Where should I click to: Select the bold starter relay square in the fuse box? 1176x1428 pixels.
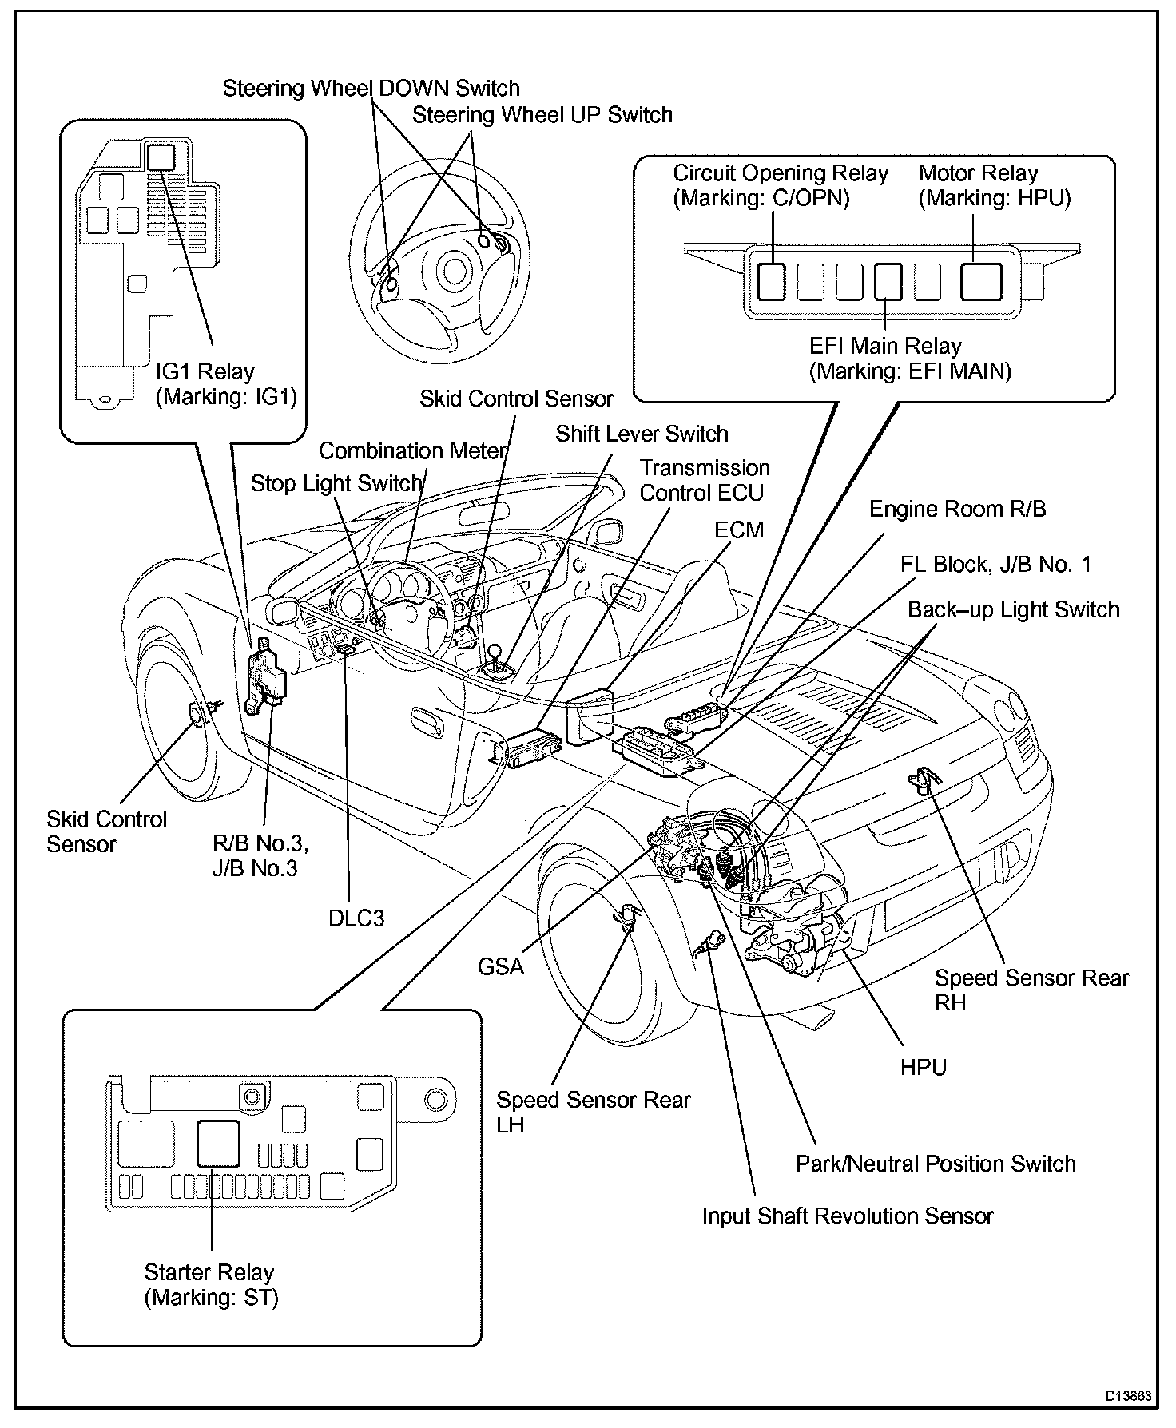click(x=217, y=1143)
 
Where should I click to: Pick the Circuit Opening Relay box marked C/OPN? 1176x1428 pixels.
click(x=772, y=281)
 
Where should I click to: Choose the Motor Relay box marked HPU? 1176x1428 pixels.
click(x=981, y=281)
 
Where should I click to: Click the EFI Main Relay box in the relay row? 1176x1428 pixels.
click(x=888, y=281)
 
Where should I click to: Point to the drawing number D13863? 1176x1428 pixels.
click(x=1128, y=1396)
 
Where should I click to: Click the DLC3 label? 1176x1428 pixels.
click(x=356, y=918)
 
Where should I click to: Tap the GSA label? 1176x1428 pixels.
click(x=501, y=967)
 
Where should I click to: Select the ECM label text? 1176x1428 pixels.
click(x=739, y=530)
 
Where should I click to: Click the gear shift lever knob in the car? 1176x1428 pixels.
click(x=495, y=653)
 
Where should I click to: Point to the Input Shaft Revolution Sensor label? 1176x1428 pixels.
click(x=848, y=1216)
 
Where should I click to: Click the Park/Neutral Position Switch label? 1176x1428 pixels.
click(x=936, y=1164)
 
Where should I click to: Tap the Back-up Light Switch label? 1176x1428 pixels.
click(x=1013, y=610)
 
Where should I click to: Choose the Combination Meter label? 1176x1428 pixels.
click(x=413, y=451)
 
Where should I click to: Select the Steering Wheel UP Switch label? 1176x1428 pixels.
click(x=542, y=115)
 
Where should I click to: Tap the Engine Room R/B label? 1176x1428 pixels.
click(x=957, y=509)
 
